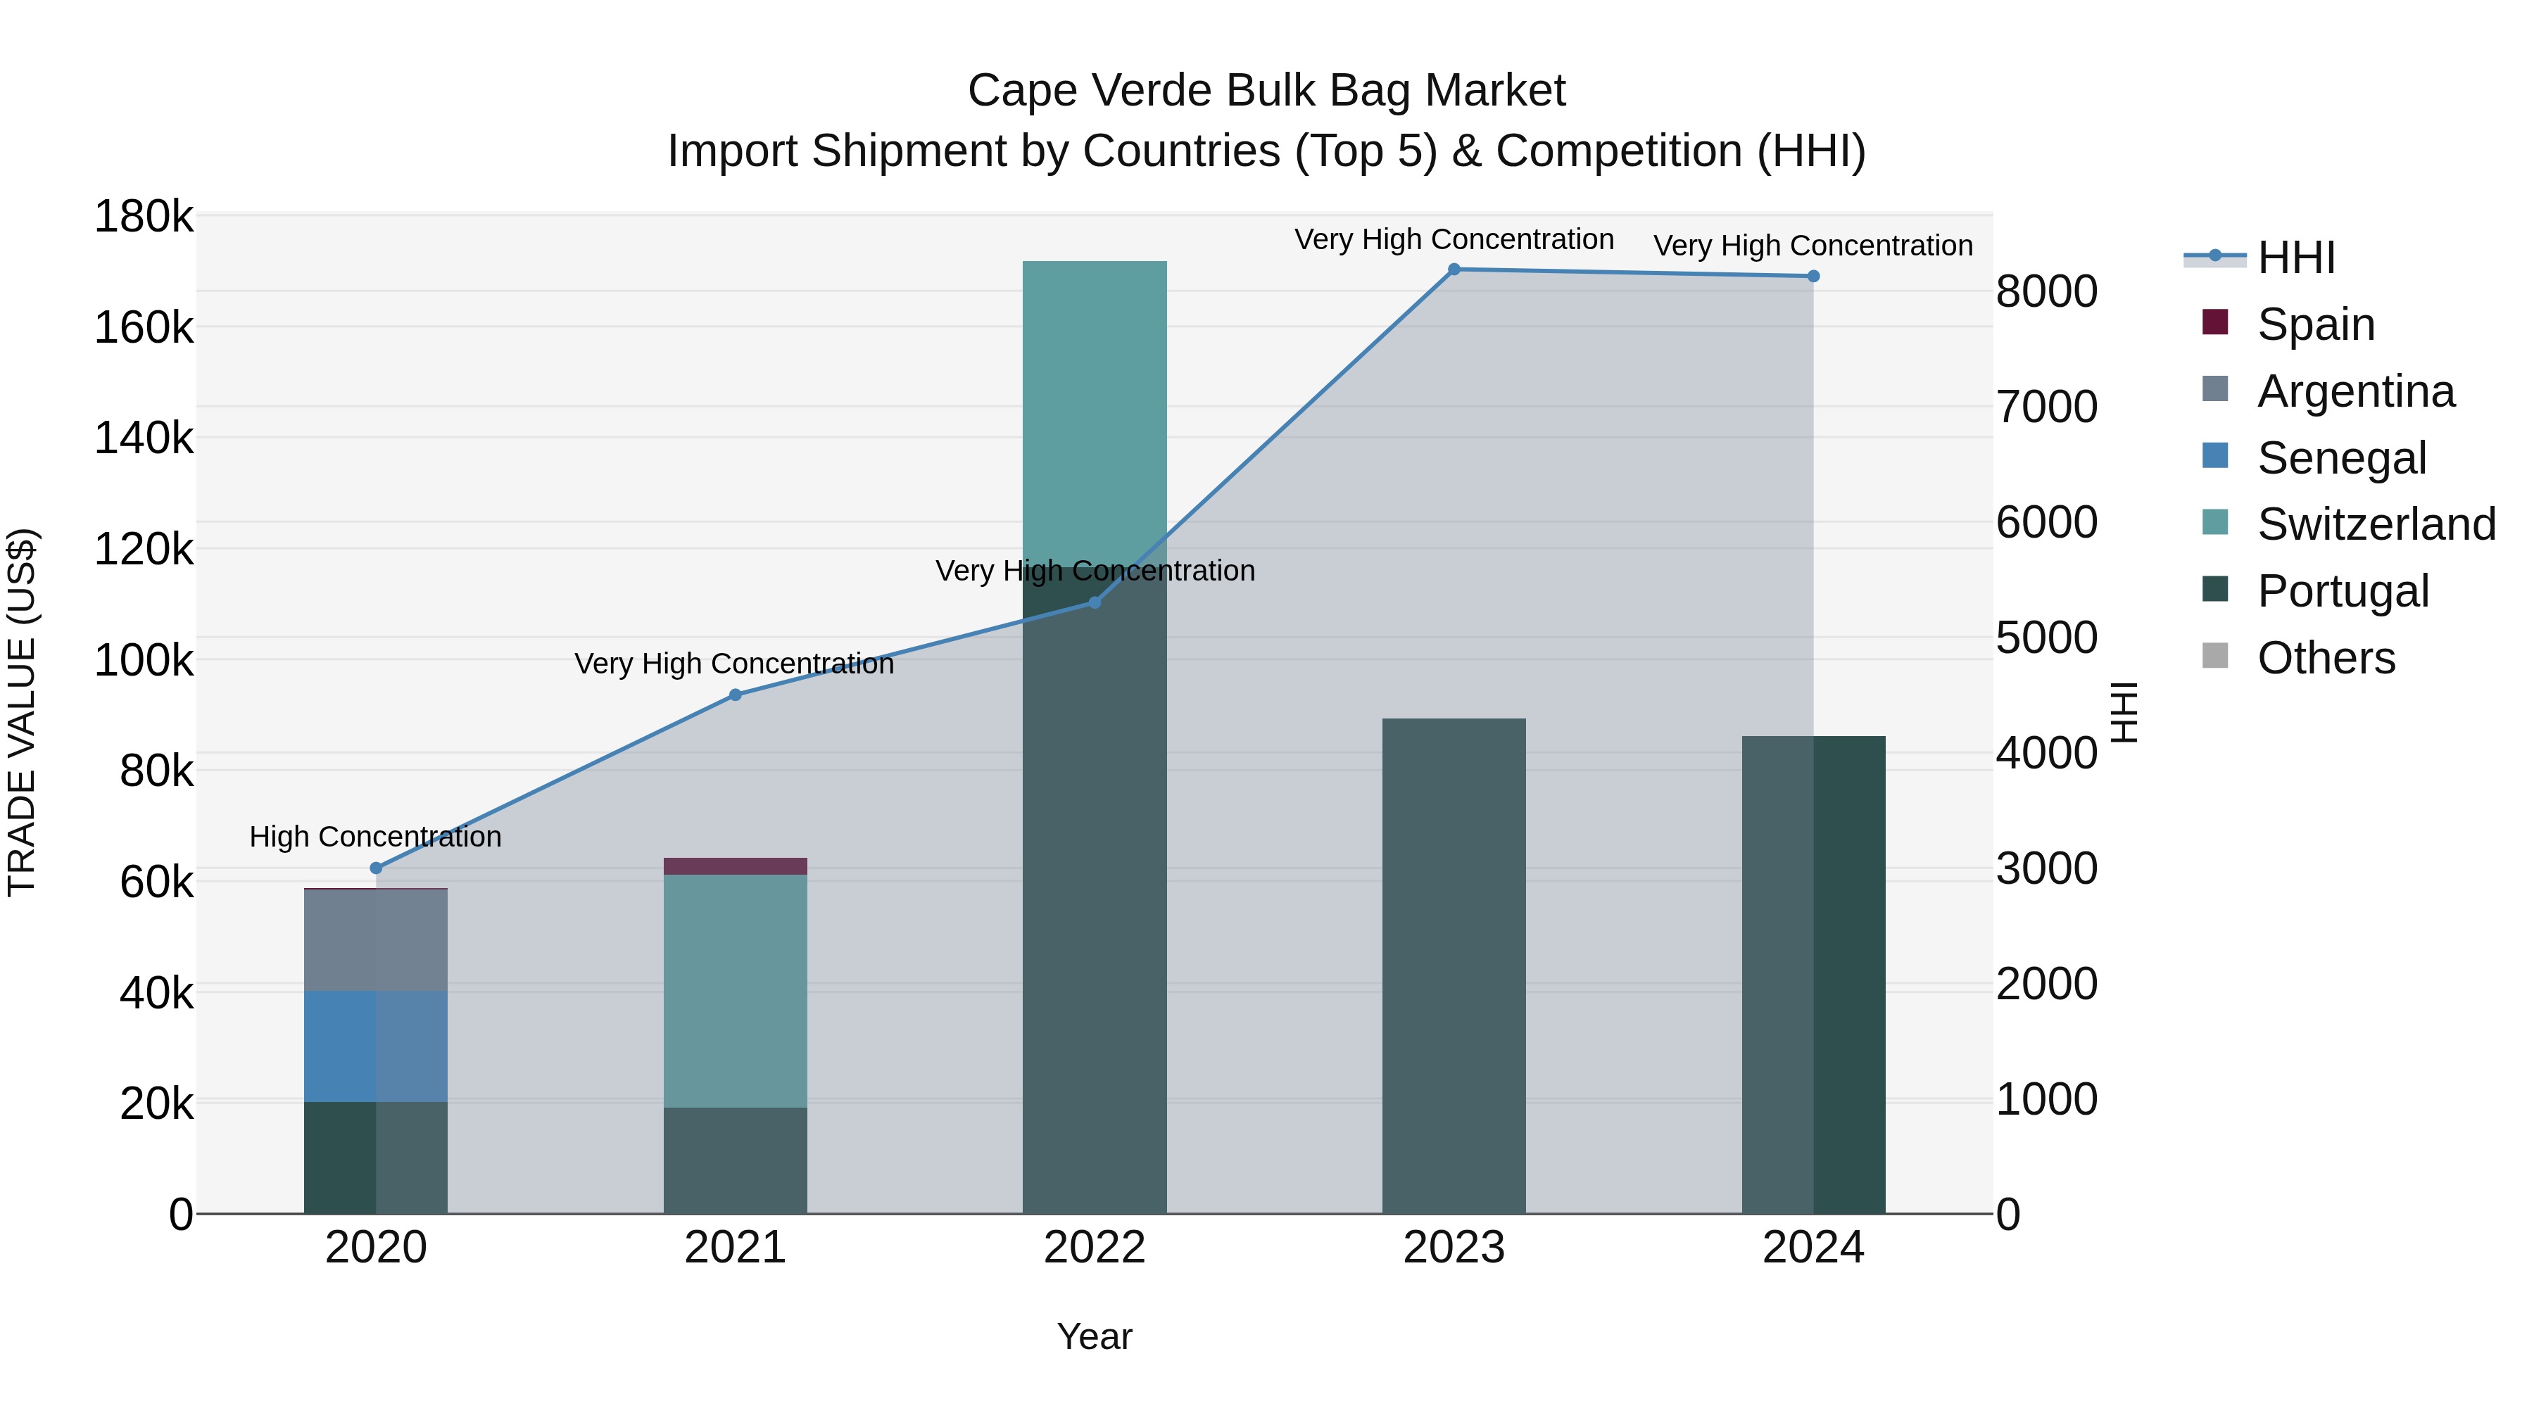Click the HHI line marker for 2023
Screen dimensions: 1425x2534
1454,270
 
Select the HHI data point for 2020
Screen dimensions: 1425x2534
376,868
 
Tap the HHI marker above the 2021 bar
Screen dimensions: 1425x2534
735,695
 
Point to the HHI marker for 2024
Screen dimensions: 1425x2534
1814,277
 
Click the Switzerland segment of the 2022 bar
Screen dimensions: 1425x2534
1095,413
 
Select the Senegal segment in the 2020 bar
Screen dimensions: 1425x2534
376,1046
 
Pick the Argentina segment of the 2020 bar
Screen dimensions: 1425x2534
376,940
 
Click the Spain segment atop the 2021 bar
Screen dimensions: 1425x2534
735,866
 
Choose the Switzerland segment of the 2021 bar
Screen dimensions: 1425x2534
735,990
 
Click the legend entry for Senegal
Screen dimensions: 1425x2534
2341,458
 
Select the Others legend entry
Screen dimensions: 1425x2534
2326,658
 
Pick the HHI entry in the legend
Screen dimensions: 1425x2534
2296,258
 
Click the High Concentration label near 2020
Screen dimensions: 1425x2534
376,837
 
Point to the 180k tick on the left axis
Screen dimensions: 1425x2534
144,216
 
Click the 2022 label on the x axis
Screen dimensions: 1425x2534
1094,1248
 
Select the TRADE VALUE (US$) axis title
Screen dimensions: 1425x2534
22,712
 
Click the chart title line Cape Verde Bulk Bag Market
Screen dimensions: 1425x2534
1266,91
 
